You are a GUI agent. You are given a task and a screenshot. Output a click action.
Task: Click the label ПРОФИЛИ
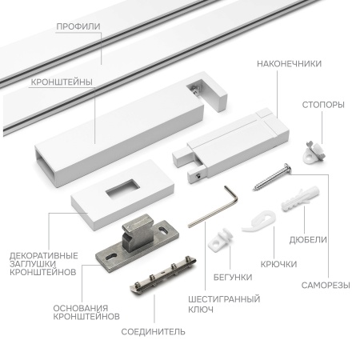pyautogui.click(x=78, y=26)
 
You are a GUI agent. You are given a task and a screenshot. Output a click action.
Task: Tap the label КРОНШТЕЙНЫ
pyautogui.click(x=62, y=82)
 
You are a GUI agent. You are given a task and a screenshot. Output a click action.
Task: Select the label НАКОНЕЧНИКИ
pyautogui.click(x=289, y=64)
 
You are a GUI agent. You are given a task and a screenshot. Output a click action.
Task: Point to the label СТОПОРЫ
pyautogui.click(x=323, y=105)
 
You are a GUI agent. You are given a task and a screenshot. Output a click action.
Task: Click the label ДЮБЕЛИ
pyautogui.click(x=308, y=240)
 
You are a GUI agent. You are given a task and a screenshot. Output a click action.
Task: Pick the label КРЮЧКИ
pyautogui.click(x=278, y=264)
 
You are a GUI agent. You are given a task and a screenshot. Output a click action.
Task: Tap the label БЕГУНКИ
pyautogui.click(x=233, y=278)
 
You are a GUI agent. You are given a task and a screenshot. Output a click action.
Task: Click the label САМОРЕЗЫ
pyautogui.click(x=326, y=286)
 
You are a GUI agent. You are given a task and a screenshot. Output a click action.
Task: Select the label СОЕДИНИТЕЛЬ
pyautogui.click(x=153, y=332)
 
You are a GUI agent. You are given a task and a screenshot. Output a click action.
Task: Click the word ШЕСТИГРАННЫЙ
pyautogui.click(x=224, y=299)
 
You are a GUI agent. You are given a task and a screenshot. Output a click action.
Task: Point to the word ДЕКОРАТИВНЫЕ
pyautogui.click(x=44, y=256)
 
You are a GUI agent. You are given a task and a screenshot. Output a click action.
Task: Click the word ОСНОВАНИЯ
pyautogui.click(x=81, y=308)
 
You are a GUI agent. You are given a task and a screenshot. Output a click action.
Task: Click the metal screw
pyautogui.click(x=271, y=177)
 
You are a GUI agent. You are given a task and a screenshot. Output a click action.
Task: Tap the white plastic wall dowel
pyautogui.click(x=301, y=199)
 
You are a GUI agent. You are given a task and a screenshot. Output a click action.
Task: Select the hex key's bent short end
pyautogui.click(x=231, y=194)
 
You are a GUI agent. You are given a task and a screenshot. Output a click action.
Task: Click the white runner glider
pyautogui.click(x=220, y=239)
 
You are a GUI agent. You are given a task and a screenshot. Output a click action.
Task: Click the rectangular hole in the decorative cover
pyautogui.click(x=122, y=189)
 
